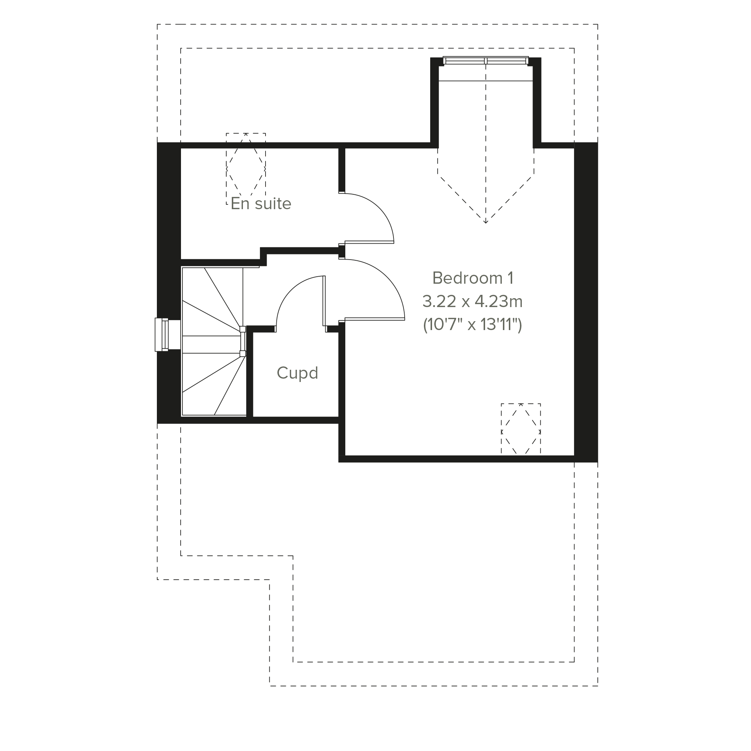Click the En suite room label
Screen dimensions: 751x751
point(261,204)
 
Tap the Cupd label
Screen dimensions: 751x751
point(297,373)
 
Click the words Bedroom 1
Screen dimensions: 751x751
point(473,278)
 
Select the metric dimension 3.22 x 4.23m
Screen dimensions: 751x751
point(472,301)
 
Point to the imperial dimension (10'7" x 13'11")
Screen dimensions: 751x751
point(472,325)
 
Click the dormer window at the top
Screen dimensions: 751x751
point(485,60)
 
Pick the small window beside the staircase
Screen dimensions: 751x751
point(162,335)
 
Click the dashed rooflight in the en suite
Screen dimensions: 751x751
point(246,169)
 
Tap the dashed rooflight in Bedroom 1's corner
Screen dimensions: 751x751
point(520,429)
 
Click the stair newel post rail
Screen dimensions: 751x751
point(243,341)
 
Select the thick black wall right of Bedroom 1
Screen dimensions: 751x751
point(586,302)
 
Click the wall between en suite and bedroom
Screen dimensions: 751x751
point(342,170)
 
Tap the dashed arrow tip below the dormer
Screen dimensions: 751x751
point(485,223)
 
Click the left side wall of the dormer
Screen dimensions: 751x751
point(435,103)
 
